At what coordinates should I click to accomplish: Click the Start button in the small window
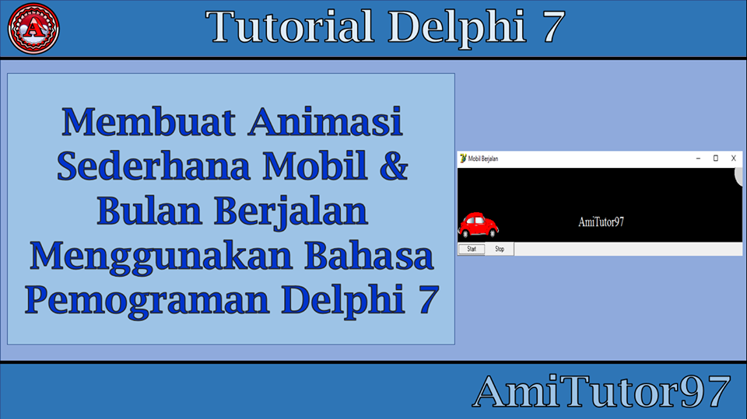tap(471, 249)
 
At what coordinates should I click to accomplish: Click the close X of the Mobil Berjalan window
tap(733, 158)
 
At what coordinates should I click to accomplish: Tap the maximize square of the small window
tap(715, 158)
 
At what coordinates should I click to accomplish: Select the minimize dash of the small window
tap(698, 158)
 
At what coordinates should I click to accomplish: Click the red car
tap(478, 225)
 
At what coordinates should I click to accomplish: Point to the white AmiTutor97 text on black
tap(601, 222)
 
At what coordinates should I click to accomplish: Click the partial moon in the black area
tap(739, 176)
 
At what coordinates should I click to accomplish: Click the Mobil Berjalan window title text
tap(483, 159)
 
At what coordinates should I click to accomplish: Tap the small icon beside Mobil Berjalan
tap(463, 158)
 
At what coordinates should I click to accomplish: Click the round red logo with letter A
tap(33, 28)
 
